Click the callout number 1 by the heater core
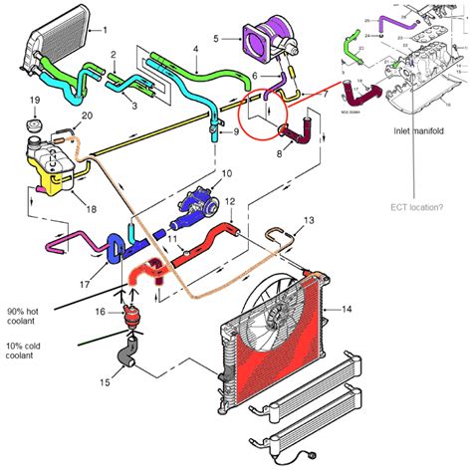pyautogui.click(x=130, y=32)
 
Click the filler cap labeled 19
pyautogui.click(x=33, y=127)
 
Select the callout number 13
pyautogui.click(x=308, y=219)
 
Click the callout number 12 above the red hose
pyautogui.click(x=228, y=202)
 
